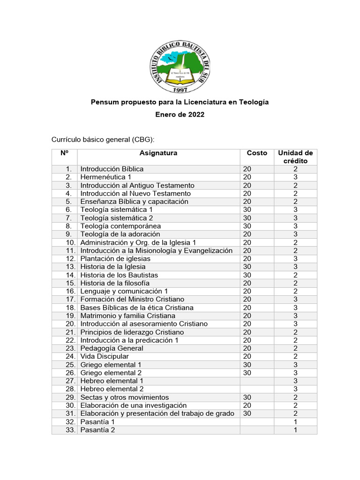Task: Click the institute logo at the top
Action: coord(180,65)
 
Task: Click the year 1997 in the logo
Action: coord(180,89)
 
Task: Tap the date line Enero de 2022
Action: coord(180,115)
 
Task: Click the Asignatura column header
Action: coord(158,153)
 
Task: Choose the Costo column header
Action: coord(257,153)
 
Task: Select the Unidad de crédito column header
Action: coord(295,157)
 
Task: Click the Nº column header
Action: coord(64,153)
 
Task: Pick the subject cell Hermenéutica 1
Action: coord(105,177)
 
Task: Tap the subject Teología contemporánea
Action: coord(120,226)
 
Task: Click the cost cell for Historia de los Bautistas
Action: coord(247,275)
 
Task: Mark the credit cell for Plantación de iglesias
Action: coord(295,259)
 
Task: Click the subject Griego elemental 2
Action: coord(111,373)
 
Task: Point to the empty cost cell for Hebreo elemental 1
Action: coord(256,381)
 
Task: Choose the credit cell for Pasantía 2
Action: coord(295,430)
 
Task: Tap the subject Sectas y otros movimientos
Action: coord(124,397)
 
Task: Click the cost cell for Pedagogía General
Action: coord(247,348)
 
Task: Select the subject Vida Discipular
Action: coord(104,356)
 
